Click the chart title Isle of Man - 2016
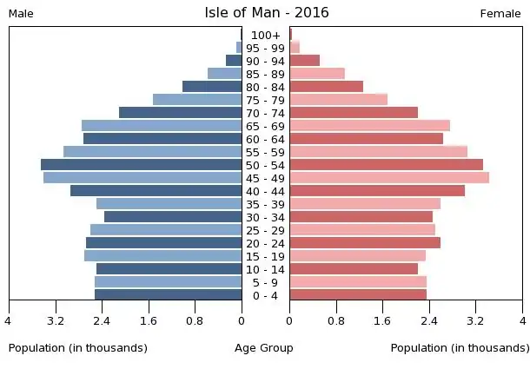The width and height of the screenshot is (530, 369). coord(266,12)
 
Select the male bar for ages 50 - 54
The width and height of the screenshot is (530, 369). coord(142,165)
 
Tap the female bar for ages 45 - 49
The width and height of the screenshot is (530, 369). coord(389,178)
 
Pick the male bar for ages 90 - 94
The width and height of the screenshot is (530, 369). coord(234,61)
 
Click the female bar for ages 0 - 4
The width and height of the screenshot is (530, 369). coord(358,295)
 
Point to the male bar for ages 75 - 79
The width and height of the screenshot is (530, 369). coord(197,100)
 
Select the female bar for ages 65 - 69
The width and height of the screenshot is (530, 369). coord(369,126)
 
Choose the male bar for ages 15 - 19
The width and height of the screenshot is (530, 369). coord(163,256)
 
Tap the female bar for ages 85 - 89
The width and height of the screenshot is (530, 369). coord(317,74)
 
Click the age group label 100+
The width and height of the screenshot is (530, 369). coord(265,35)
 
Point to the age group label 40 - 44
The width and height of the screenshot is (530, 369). coord(265,191)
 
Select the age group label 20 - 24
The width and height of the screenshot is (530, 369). coord(265,243)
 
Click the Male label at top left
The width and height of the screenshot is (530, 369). coord(21,14)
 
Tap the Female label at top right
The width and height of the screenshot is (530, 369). coord(500,14)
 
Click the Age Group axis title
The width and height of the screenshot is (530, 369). coord(264,348)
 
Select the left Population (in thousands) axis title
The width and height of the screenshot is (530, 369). coord(78,348)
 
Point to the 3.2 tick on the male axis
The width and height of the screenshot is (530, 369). coord(56,320)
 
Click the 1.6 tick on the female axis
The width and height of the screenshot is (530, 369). coord(382,320)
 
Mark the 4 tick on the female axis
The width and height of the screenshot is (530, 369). coord(522,320)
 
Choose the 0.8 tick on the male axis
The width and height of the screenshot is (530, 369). coord(195,320)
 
